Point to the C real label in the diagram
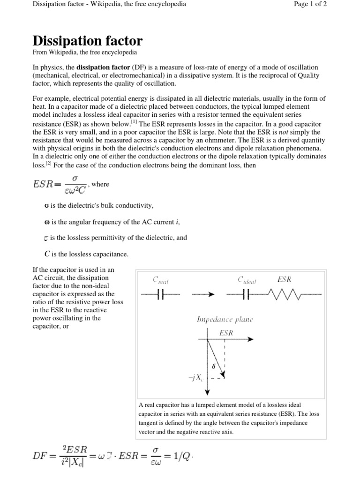pyautogui.click(x=161, y=280)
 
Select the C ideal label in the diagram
pyautogui.click(x=247, y=280)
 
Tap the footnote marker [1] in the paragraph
pyautogui.click(x=134, y=122)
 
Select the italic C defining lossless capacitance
pyautogui.click(x=47, y=254)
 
